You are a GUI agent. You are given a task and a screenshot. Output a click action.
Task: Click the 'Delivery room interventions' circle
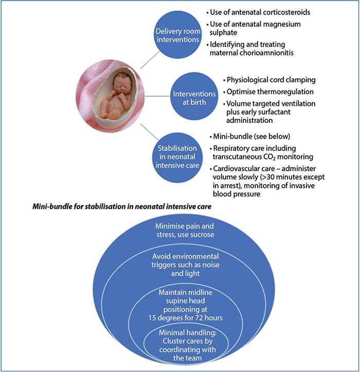(178, 35)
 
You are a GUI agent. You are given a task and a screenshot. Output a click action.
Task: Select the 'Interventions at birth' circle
(194, 96)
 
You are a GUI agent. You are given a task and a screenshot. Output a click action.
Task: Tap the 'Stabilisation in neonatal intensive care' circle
(177, 157)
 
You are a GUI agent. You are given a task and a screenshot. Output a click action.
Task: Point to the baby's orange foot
(104, 116)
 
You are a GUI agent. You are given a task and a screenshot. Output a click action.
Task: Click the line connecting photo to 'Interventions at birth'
(157, 96)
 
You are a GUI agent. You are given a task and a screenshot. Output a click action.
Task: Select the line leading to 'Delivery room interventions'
(150, 60)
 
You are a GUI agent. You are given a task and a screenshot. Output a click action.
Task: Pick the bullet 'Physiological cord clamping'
(269, 80)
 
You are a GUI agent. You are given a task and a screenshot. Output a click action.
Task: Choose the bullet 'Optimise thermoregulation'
(268, 92)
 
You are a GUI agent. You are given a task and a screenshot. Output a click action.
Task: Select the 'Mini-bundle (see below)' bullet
(250, 136)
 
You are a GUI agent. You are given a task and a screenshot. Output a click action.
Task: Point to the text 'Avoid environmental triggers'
(185, 260)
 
